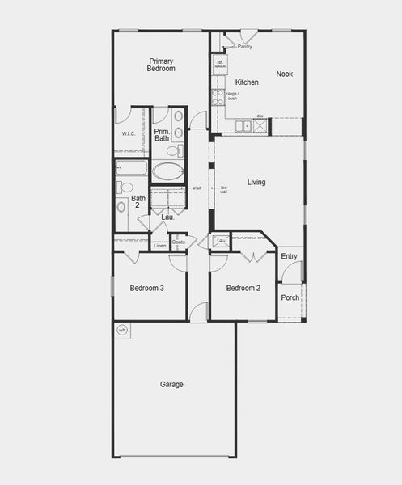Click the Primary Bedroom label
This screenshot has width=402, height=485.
pyautogui.click(x=161, y=65)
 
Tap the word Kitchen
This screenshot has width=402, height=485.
pyautogui.click(x=247, y=82)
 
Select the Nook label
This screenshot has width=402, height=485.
pyautogui.click(x=284, y=74)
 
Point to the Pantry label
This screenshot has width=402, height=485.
pyautogui.click(x=245, y=47)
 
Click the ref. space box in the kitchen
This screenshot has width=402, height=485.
pyautogui.click(x=219, y=62)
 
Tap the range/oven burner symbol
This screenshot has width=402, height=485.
pyautogui.click(x=217, y=97)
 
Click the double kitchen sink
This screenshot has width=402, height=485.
pyautogui.click(x=243, y=125)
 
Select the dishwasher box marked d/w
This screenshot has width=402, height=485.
pyautogui.click(x=262, y=125)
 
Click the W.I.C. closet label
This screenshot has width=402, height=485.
pyautogui.click(x=128, y=133)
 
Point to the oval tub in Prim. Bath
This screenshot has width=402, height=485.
pyautogui.click(x=168, y=171)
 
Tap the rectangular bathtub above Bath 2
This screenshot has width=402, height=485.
pyautogui.click(x=132, y=168)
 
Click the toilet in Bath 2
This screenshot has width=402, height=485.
pyautogui.click(x=125, y=188)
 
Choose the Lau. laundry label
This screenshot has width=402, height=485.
pyautogui.click(x=167, y=217)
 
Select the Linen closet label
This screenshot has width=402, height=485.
pyautogui.click(x=159, y=245)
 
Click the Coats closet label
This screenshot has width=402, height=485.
pyautogui.click(x=179, y=241)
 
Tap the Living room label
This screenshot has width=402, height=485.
pyautogui.click(x=256, y=183)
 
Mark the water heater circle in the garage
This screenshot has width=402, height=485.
pyautogui.click(x=122, y=330)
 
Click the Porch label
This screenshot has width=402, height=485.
pyautogui.click(x=290, y=297)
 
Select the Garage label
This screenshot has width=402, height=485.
pyautogui.click(x=171, y=385)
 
